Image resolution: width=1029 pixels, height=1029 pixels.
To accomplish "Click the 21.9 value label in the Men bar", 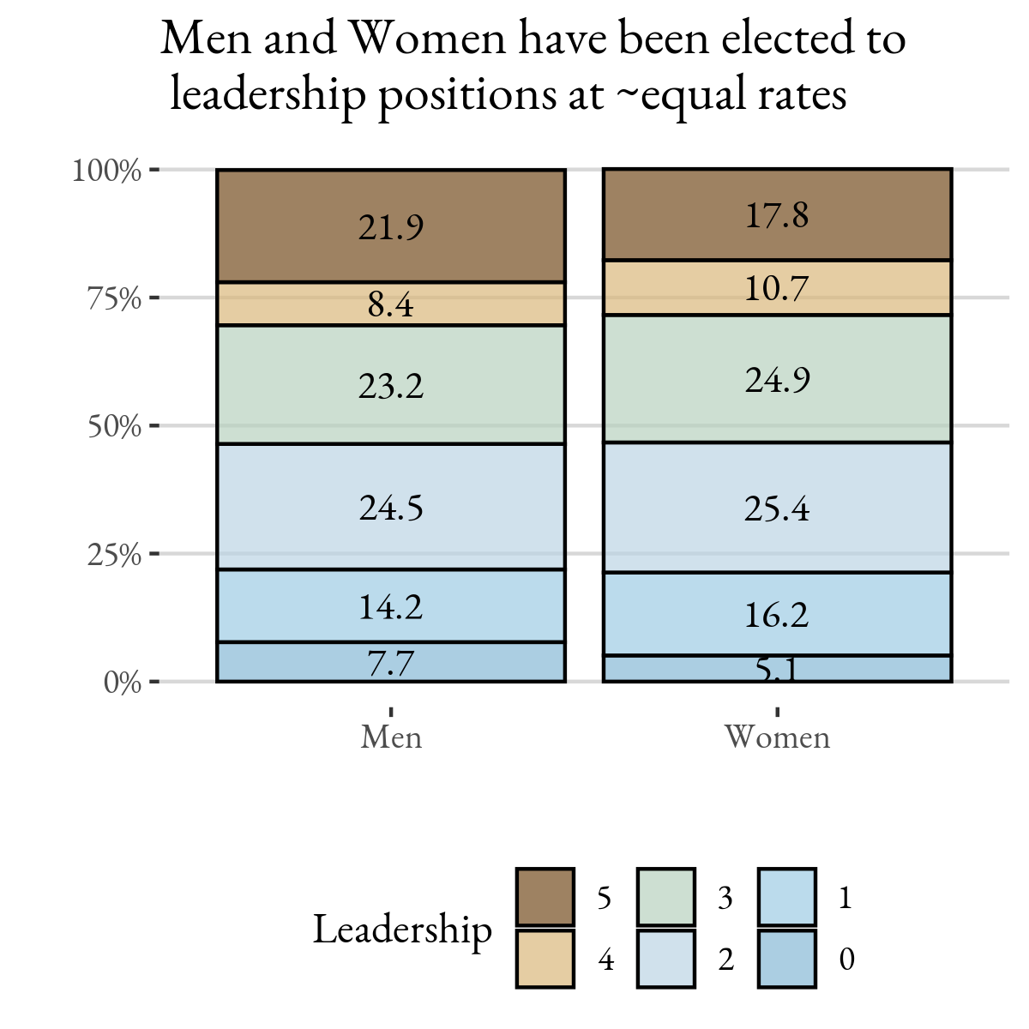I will (x=391, y=228).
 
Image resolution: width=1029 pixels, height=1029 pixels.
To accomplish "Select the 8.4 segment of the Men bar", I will (x=391, y=304).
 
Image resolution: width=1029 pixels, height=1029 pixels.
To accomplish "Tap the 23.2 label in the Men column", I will (x=391, y=386).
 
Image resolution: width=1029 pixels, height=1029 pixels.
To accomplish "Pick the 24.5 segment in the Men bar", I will (x=391, y=508).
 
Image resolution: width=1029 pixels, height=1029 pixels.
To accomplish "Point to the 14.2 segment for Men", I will (x=391, y=607).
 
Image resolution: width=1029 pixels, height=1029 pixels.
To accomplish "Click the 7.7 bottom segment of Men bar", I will (x=391, y=663).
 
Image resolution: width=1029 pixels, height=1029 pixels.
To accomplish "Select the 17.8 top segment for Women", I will (x=777, y=215).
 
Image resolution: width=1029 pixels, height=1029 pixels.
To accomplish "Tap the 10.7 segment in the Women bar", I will (x=777, y=288).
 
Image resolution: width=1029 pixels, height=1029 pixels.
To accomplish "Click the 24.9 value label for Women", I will (x=777, y=380).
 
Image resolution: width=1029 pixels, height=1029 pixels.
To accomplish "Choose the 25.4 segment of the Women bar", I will (x=777, y=508).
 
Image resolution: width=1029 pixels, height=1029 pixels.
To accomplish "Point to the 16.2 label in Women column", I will (x=777, y=615).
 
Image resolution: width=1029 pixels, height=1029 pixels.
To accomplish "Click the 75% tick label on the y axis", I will (x=114, y=298).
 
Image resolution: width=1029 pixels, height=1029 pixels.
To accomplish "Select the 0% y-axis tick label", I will (x=123, y=683).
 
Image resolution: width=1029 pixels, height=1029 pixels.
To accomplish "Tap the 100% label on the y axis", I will (x=106, y=171).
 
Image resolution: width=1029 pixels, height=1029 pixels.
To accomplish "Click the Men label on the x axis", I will (x=391, y=737).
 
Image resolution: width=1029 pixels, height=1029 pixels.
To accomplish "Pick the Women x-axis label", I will (x=777, y=737).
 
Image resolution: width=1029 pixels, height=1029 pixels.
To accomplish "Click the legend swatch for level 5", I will (x=545, y=897).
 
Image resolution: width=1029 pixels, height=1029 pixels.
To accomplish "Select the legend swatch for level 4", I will (x=545, y=959).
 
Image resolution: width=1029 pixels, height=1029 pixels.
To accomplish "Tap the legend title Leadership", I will (x=402, y=930).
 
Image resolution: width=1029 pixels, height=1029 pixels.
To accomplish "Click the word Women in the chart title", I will (x=419, y=39).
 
